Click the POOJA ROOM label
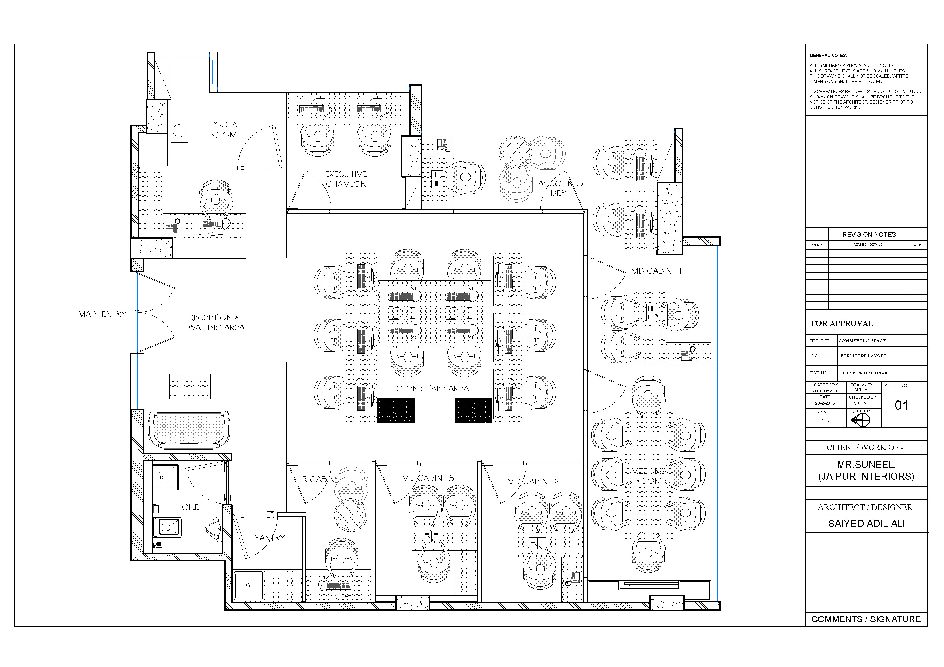click(224, 129)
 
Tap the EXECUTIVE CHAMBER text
click(346, 179)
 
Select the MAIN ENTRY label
click(102, 314)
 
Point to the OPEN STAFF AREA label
click(432, 388)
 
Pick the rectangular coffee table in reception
click(190, 386)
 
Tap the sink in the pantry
click(248, 585)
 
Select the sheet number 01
click(901, 406)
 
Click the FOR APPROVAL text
click(842, 323)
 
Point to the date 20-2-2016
click(825, 403)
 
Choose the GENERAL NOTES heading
click(828, 56)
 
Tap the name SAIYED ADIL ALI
click(866, 524)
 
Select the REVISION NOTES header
click(869, 234)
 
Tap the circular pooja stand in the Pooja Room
click(179, 131)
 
